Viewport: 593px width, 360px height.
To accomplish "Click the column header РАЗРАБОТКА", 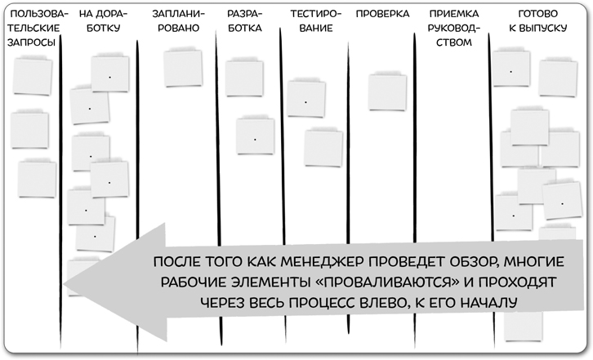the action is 245,22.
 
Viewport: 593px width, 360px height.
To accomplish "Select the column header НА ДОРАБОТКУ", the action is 100,22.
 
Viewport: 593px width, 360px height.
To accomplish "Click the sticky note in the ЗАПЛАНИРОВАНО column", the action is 183,68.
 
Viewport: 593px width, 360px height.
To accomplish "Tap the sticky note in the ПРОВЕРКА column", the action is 387,92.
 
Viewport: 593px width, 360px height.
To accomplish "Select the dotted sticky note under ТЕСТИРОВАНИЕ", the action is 305,102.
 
